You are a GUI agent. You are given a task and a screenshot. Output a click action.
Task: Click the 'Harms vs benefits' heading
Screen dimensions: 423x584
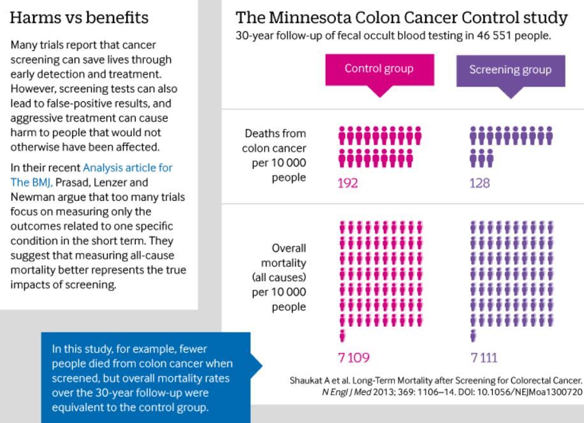(80, 18)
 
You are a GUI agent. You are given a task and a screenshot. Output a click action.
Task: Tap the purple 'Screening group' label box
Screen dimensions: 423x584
(510, 69)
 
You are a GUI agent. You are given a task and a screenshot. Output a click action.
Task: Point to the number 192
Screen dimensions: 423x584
(349, 183)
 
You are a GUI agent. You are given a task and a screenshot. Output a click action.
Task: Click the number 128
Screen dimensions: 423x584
(480, 183)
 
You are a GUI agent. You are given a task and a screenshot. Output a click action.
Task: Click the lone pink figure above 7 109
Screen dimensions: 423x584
(342, 335)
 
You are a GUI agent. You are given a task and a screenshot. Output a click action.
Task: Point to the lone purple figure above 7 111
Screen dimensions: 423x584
(472, 335)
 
